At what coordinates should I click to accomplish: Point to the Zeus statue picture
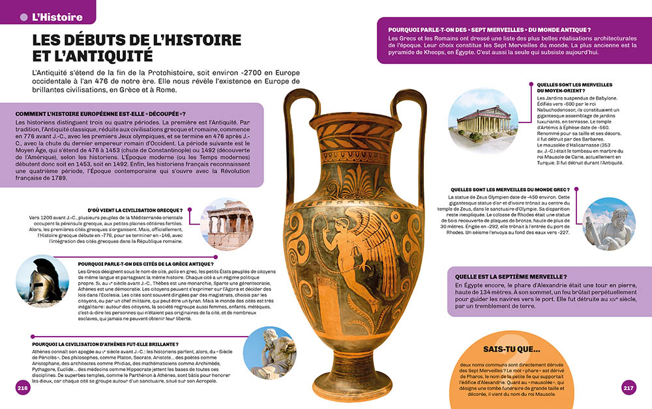pos(608,225)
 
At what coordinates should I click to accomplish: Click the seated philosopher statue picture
pos(269,354)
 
